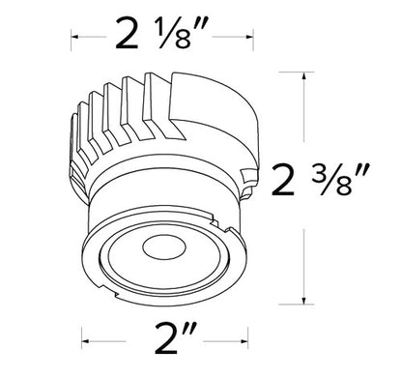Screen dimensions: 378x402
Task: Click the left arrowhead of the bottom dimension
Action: click(x=83, y=340)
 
